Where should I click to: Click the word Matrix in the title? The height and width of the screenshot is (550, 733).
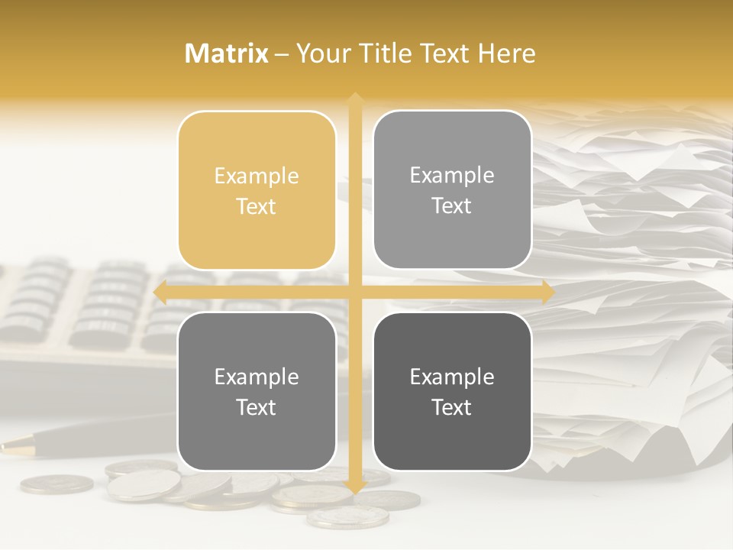point(227,53)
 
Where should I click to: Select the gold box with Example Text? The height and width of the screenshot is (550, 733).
point(257,190)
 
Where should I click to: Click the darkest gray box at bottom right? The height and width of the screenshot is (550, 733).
point(452,391)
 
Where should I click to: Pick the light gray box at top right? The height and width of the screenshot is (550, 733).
point(452,189)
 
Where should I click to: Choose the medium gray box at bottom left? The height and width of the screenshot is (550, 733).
point(257,391)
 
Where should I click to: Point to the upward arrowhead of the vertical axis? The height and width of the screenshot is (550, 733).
point(354,98)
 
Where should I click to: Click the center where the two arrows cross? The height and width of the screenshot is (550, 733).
point(354,292)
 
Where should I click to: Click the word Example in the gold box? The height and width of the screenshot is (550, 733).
point(257,176)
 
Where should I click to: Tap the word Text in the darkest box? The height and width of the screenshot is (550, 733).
point(452,407)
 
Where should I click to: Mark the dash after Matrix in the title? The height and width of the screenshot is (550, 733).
point(282,54)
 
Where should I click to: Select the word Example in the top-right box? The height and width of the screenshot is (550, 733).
point(452,175)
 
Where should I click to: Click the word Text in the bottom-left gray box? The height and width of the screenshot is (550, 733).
point(257,407)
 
